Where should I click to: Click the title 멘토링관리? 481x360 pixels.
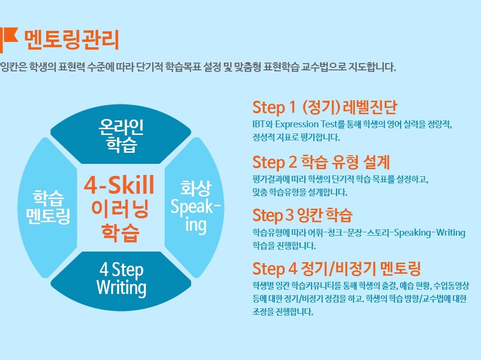point(71,40)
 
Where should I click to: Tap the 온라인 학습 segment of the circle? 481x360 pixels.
point(121,134)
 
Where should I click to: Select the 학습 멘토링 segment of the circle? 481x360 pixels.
point(48,207)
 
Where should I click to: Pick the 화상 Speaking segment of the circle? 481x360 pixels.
point(195,207)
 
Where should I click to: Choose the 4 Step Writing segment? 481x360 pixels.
point(121,280)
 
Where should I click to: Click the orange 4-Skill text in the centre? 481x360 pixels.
point(119,185)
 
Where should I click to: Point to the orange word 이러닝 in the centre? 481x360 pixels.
point(120,209)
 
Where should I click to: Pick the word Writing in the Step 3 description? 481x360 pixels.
point(451,233)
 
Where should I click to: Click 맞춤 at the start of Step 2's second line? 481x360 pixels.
point(260,192)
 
